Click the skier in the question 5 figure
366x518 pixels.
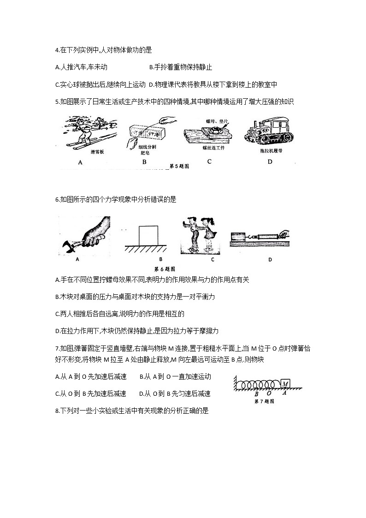(83, 131)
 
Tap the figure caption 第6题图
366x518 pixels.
(164, 269)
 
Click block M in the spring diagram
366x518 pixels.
(285, 383)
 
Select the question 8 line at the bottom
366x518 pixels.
(131, 411)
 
